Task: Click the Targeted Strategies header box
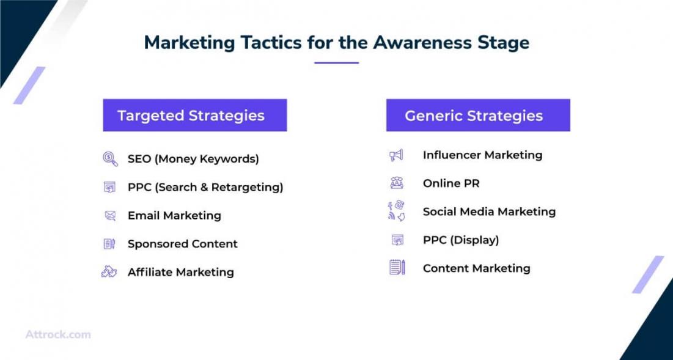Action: tap(195, 115)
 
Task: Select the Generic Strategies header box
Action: tap(478, 115)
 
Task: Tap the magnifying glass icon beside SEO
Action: tap(110, 159)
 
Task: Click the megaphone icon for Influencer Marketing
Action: tap(396, 155)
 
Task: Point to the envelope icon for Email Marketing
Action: tap(110, 215)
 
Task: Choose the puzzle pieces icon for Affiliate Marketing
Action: tap(109, 271)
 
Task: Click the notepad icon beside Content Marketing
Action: tap(397, 267)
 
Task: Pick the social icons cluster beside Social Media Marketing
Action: tap(396, 211)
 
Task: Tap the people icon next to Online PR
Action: tap(397, 183)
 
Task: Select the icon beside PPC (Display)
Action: tap(398, 240)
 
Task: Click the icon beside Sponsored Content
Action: tap(109, 244)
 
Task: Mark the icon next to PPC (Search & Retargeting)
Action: tap(110, 187)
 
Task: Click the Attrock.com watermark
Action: tap(58, 334)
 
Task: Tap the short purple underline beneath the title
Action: tap(336, 63)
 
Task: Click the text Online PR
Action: tap(451, 183)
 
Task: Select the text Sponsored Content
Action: tap(182, 244)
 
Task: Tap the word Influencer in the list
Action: tap(451, 155)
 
